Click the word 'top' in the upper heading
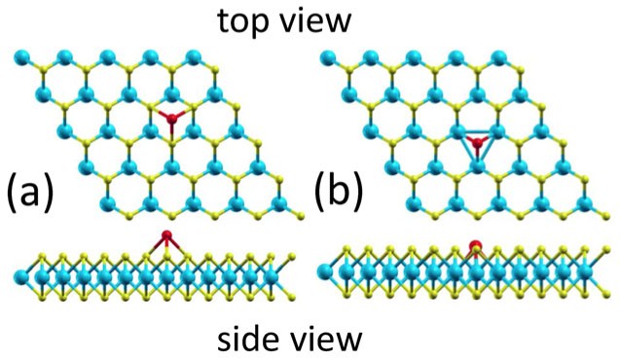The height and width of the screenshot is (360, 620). click(x=249, y=21)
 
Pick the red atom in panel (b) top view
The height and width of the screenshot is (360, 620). click(x=476, y=145)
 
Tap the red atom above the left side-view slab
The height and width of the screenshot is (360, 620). click(x=167, y=235)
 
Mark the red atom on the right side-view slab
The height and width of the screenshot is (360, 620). click(x=475, y=247)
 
